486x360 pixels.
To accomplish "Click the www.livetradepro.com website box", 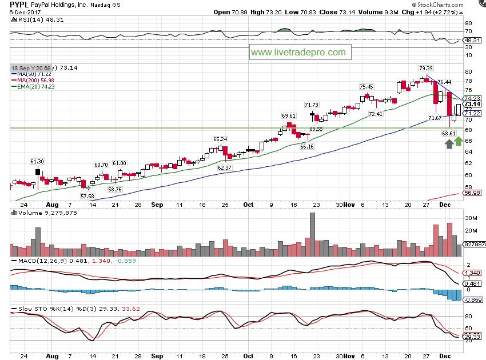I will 299,52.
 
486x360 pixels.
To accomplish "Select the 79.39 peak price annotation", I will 425,68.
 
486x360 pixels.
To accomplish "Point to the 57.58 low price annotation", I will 87,196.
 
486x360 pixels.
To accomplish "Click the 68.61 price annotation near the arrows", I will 448,133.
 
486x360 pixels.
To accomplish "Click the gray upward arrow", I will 449,145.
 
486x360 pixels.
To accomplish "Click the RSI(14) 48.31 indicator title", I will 30,19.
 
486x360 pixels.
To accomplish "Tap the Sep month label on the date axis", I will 157,204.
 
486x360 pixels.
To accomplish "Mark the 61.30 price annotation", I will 38,162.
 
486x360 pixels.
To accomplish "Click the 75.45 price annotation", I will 366,86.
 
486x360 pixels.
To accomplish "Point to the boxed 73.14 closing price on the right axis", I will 472,104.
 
